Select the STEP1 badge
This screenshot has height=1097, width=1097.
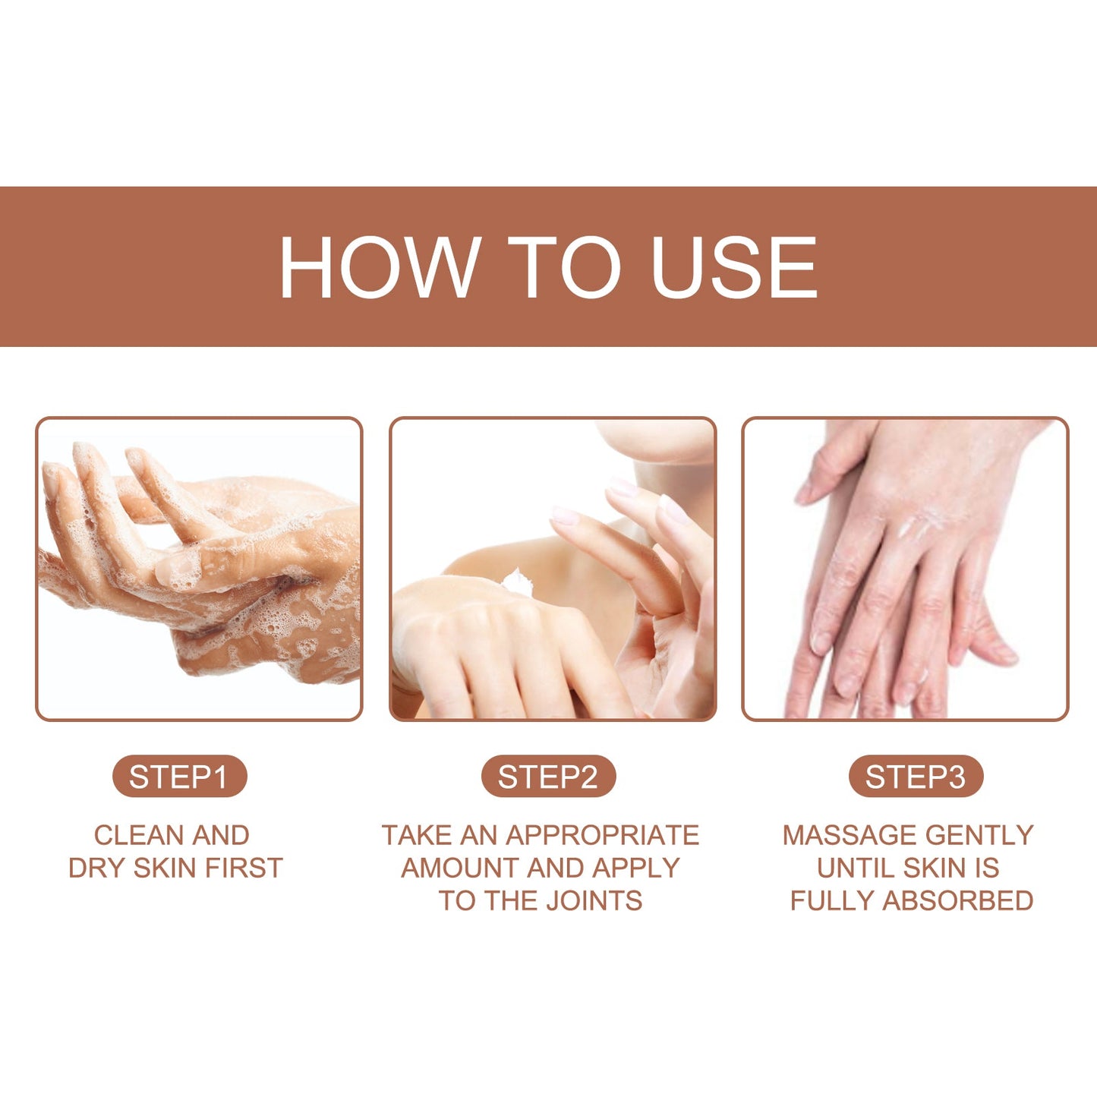(179, 777)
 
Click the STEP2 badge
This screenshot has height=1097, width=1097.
(548, 777)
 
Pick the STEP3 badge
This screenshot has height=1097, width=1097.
(916, 777)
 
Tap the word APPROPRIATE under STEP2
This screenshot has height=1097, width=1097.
(602, 835)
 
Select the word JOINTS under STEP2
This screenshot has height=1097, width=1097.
(594, 900)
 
